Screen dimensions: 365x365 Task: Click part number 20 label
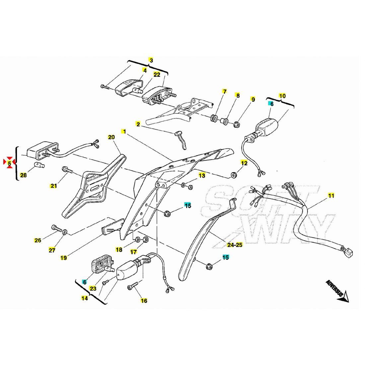point(111,137)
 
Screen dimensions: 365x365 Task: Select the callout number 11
point(331,195)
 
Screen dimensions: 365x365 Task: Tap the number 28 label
point(23,175)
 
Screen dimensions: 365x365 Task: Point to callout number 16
point(144,301)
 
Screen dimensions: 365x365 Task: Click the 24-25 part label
point(235,245)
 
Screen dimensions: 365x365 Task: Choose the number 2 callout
point(138,124)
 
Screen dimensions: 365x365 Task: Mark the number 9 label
point(253,99)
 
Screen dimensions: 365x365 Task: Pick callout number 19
point(63,257)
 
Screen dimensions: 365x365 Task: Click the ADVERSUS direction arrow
point(338,292)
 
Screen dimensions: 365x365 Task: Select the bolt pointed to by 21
point(67,170)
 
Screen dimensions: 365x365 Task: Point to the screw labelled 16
point(132,286)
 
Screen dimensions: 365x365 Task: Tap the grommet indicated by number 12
point(234,175)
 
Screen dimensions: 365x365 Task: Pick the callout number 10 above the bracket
point(282,96)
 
